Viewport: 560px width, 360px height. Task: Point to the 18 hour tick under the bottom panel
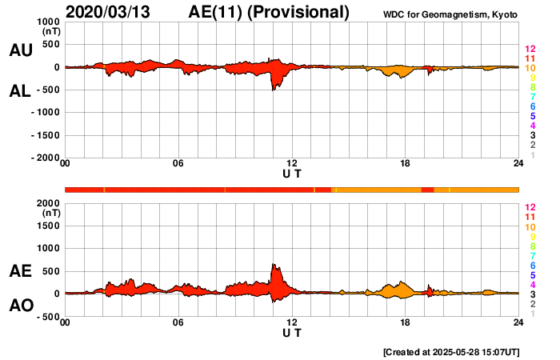[406, 322]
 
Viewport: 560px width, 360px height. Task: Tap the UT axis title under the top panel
[292, 174]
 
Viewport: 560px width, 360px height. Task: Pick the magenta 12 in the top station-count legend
[530, 50]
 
